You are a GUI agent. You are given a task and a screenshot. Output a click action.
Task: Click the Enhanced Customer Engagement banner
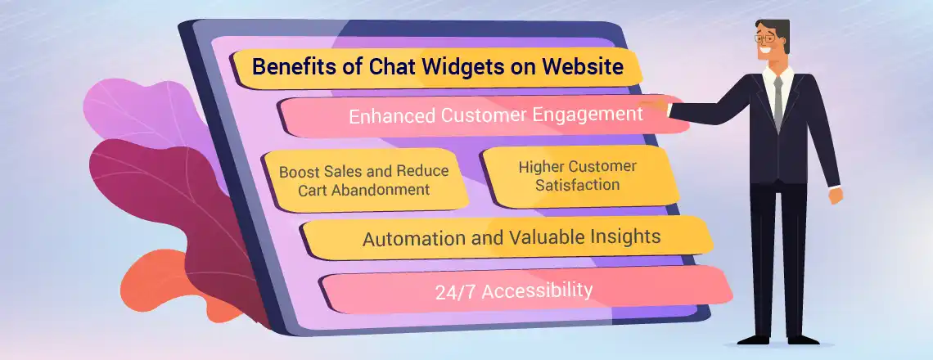495,115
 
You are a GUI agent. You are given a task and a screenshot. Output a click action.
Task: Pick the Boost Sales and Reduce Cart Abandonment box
363,180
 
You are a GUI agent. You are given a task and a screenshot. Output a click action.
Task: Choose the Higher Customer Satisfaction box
578,175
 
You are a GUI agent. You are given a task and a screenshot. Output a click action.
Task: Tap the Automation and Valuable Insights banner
511,238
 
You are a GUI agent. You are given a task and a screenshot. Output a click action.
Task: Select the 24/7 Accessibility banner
514,290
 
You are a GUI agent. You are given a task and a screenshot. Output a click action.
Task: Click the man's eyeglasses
765,39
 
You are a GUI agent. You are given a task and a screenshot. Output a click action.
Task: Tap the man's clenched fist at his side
835,196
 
